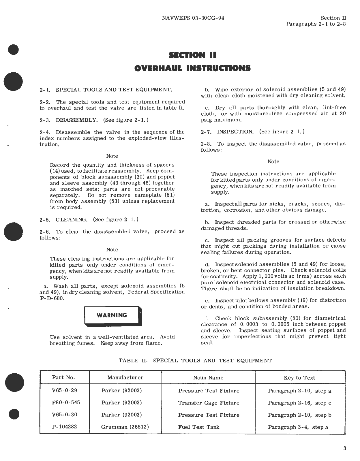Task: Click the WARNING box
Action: click(112, 315)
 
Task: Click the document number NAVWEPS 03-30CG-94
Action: click(193, 18)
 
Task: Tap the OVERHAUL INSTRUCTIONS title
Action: click(192, 68)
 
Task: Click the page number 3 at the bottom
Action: click(345, 448)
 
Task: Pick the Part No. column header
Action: click(63, 377)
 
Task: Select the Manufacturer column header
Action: click(125, 377)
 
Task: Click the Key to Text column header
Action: click(299, 378)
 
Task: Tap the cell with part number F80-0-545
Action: click(66, 402)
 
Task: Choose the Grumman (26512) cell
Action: click(125, 427)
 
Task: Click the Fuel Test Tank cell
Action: click(198, 427)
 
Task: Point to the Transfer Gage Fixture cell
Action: click(209, 403)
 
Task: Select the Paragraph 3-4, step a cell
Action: click(298, 427)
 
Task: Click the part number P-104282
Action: click(64, 427)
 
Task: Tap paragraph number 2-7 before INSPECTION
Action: click(206, 132)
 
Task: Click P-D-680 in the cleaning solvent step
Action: click(52, 298)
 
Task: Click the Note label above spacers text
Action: click(112, 156)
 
